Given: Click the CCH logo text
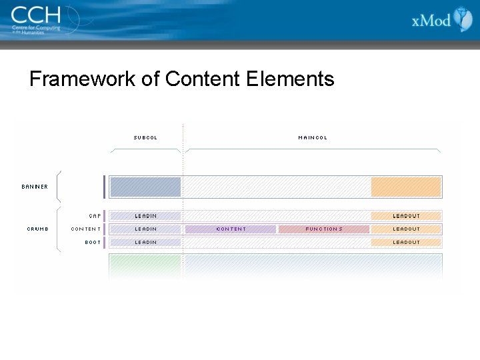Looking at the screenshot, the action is click(x=35, y=14).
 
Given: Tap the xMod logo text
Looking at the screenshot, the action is click(x=431, y=20).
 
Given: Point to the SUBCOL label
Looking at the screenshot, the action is click(x=145, y=138).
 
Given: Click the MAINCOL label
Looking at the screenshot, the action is click(x=313, y=138).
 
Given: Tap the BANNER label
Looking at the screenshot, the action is click(x=35, y=187).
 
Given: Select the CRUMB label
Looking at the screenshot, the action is click(x=37, y=229).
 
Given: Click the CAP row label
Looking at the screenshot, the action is click(x=95, y=216).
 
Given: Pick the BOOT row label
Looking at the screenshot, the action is click(x=93, y=242).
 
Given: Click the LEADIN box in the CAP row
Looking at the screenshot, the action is click(x=145, y=216).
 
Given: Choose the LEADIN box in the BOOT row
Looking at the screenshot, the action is click(x=145, y=242).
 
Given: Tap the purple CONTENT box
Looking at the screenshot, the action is click(x=231, y=229).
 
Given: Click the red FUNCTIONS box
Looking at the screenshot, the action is click(x=324, y=229).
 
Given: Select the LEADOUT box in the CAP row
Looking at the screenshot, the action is click(x=406, y=216).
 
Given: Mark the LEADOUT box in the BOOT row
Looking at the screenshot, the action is click(x=406, y=242).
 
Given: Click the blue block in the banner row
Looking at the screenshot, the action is click(x=145, y=187).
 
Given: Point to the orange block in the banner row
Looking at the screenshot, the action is click(x=406, y=187).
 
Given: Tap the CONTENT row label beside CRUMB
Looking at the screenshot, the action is click(x=86, y=229).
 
